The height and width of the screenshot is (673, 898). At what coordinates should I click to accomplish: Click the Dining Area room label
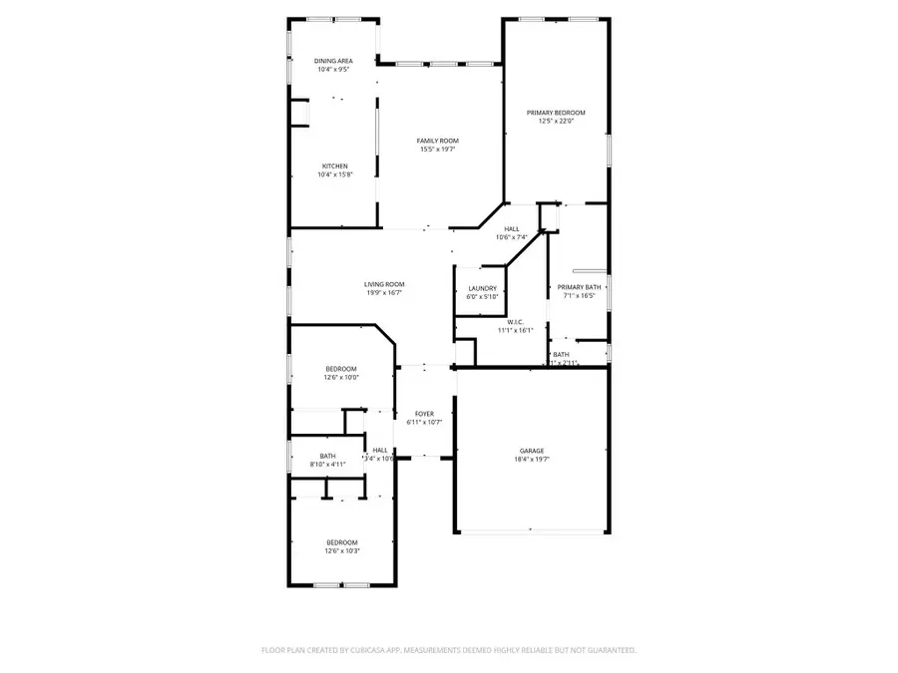pos(334,61)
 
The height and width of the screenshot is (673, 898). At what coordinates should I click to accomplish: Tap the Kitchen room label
pos(334,166)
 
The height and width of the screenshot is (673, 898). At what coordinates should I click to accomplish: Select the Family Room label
pos(437,141)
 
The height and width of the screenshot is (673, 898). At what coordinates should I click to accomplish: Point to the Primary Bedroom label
pos(556,113)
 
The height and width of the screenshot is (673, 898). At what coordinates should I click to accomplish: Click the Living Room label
pos(384,284)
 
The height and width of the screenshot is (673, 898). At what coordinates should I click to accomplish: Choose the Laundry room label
pos(482,288)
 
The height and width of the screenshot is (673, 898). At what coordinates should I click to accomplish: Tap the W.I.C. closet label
pos(516,322)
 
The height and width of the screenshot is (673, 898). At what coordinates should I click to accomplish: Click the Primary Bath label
pos(579,287)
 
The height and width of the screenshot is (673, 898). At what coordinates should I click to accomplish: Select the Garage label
pos(531,451)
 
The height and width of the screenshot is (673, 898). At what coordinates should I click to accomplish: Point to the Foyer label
pos(425,413)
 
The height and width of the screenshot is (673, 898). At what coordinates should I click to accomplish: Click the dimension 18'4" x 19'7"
pos(531,460)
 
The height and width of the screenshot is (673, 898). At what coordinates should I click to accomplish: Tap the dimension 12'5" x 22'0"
pos(556,122)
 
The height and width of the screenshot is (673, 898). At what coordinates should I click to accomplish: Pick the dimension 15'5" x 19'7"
pos(437,150)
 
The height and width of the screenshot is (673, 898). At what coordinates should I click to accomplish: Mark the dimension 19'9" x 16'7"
pos(384,293)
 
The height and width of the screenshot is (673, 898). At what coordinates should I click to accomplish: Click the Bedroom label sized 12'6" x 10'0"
pos(340,369)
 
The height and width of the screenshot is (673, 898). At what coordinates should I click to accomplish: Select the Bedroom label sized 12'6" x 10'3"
pos(340,542)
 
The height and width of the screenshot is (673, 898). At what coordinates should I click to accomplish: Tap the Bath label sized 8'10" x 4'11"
pos(328,456)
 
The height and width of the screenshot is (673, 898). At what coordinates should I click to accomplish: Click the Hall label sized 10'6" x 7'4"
pos(512,228)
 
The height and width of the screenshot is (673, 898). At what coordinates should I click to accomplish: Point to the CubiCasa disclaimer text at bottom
pos(449,650)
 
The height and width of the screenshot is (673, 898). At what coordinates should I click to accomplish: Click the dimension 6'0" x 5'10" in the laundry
pos(482,297)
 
